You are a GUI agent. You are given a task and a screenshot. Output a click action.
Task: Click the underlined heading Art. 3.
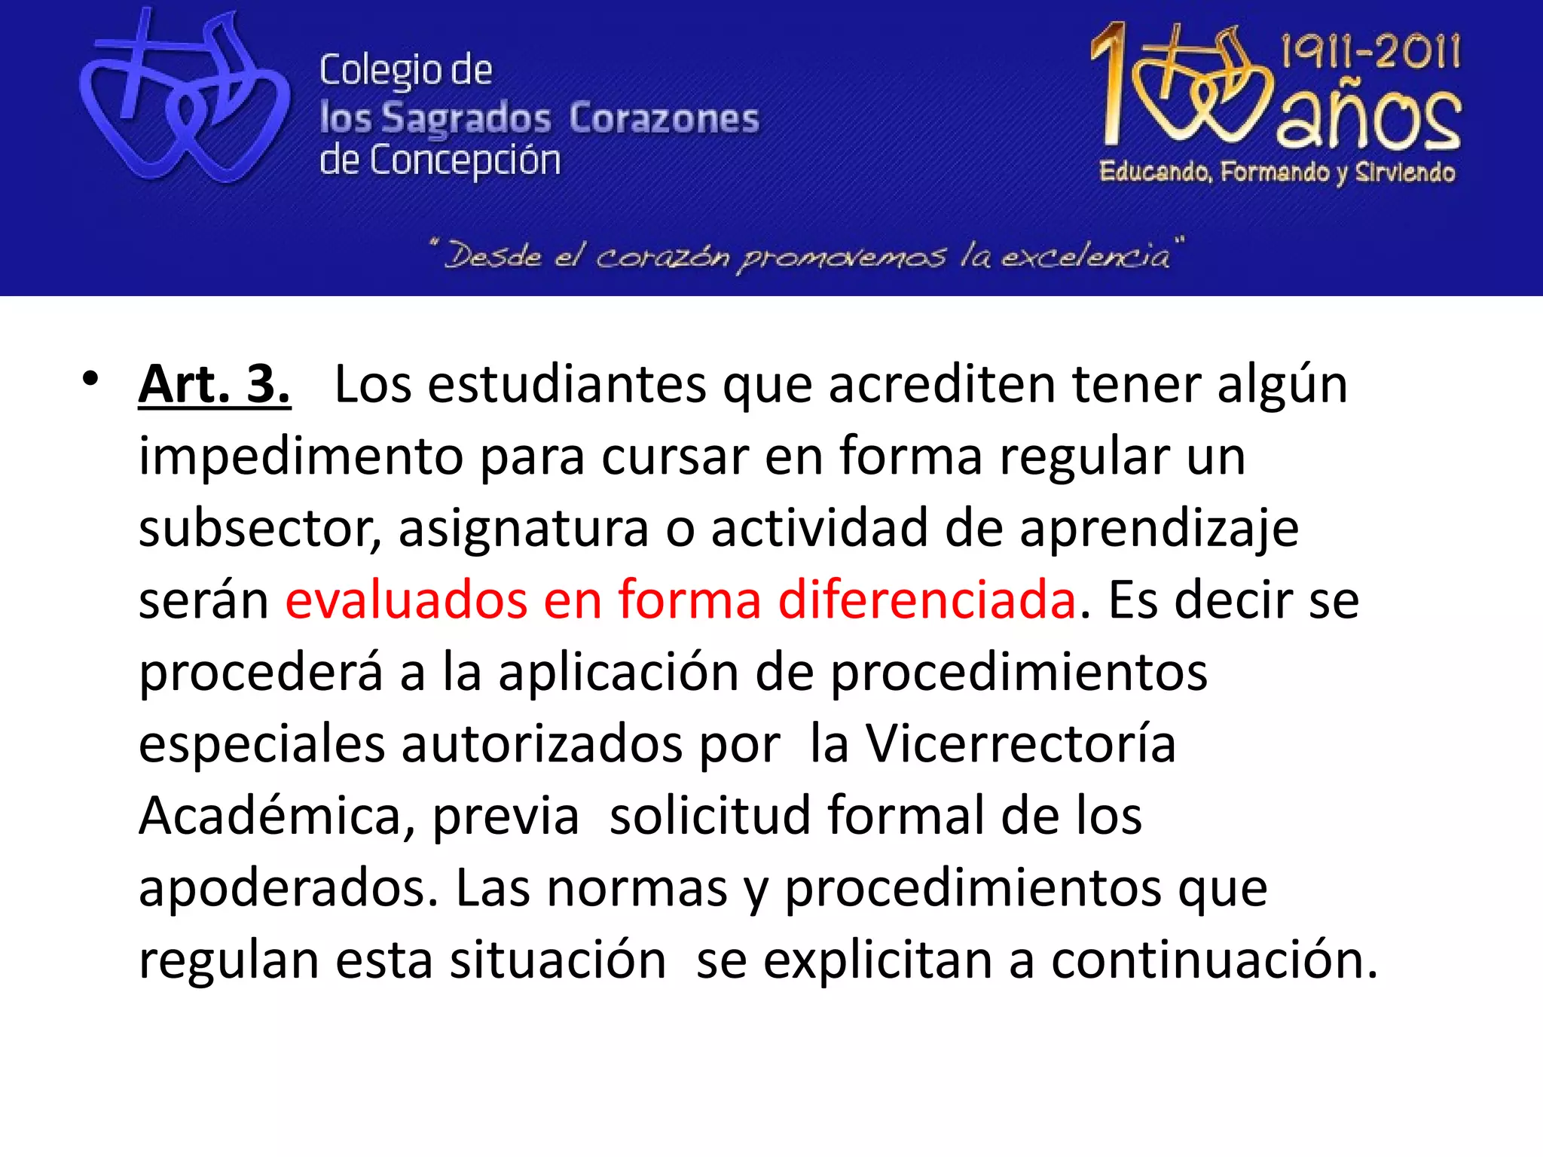214,385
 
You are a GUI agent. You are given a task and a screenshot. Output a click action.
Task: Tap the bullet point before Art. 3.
91,379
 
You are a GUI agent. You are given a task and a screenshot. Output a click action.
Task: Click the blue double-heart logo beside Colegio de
185,98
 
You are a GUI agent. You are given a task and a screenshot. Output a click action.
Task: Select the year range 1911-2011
1370,51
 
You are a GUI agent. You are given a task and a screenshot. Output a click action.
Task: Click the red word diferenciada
927,600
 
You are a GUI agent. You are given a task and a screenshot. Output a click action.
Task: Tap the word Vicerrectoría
1020,744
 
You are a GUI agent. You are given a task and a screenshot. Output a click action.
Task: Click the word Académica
277,817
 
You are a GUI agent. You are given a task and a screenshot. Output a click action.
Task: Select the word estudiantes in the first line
567,385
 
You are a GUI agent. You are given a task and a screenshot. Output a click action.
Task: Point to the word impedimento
301,457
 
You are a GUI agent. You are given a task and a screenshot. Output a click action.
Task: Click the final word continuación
1214,961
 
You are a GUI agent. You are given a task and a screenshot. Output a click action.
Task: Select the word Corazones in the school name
664,118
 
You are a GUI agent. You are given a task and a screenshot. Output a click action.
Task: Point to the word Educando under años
1156,172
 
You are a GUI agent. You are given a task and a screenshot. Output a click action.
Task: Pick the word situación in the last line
558,961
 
